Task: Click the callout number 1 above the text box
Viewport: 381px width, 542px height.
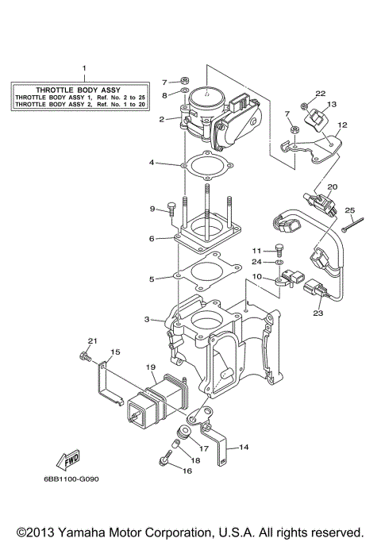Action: pos(86,69)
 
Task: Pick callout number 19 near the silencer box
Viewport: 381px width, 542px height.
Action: pos(148,367)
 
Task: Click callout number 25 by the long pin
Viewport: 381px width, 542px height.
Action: pos(348,210)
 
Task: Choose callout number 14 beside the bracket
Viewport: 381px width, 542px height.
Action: pos(244,447)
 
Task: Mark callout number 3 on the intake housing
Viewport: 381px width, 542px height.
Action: pos(147,319)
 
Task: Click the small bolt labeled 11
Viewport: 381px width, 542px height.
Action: pos(279,247)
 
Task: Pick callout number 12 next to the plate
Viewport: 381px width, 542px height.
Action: pos(343,125)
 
